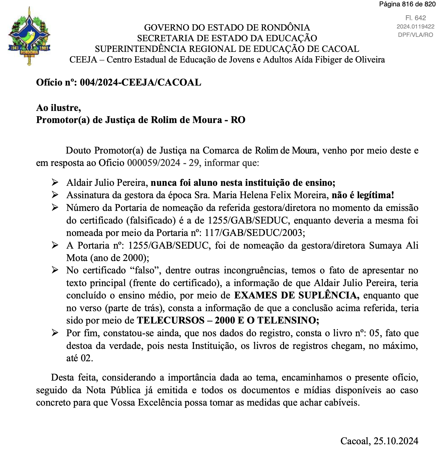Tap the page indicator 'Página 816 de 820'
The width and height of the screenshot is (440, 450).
click(x=407, y=4)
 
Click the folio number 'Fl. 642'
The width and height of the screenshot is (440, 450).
click(x=415, y=18)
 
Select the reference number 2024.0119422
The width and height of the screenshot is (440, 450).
click(x=415, y=27)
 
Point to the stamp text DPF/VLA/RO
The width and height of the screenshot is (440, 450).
click(x=415, y=35)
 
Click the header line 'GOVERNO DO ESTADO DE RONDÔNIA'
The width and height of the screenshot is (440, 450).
click(x=227, y=27)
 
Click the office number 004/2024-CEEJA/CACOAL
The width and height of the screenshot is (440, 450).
click(x=140, y=82)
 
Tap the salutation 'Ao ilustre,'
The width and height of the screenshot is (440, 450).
click(x=59, y=108)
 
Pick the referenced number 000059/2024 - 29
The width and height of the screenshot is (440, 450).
click(x=163, y=163)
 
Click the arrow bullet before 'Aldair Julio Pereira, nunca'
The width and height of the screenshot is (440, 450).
click(x=55, y=182)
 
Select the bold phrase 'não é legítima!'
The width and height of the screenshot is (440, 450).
click(x=363, y=195)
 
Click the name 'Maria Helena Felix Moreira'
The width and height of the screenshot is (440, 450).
click(x=270, y=195)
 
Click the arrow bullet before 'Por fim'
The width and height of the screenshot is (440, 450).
click(x=55, y=333)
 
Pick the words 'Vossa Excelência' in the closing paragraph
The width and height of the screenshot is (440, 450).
click(x=144, y=402)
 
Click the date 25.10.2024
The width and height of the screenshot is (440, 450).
click(x=396, y=441)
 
